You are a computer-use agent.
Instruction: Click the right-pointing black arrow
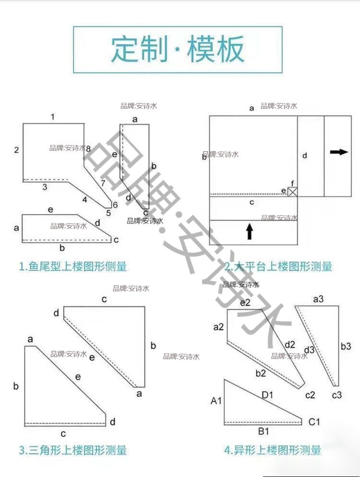[339, 152]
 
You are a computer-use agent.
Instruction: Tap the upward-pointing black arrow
[250, 231]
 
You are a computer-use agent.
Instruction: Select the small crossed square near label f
[292, 192]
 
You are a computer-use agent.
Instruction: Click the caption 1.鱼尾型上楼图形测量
[72, 266]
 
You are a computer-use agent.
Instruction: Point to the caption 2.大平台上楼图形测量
[278, 266]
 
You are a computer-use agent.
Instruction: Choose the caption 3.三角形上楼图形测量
[72, 450]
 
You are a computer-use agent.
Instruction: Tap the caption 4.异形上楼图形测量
[272, 450]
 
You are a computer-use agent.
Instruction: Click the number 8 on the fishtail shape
[88, 149]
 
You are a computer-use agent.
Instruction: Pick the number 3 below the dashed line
[45, 187]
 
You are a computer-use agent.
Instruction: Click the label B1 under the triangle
[263, 431]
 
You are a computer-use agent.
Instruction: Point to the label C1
[314, 422]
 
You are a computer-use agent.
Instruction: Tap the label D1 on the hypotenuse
[267, 395]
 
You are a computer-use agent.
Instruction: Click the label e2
[245, 302]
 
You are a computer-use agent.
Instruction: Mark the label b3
[346, 346]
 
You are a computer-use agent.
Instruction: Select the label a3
[318, 299]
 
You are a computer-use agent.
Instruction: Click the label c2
[310, 395]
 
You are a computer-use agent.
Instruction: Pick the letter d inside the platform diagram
[304, 155]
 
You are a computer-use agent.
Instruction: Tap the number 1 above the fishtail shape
[53, 117]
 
